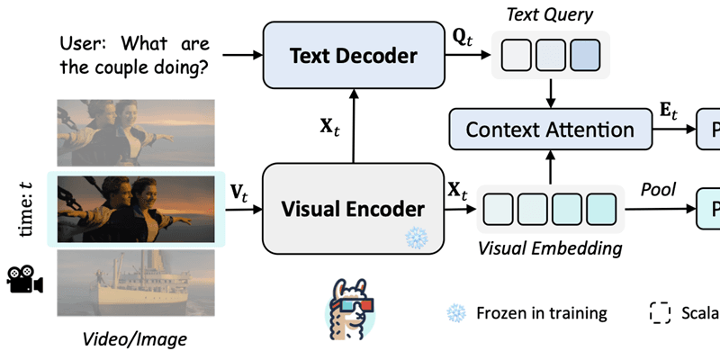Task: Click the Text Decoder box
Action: coord(353,56)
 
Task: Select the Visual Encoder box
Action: coord(353,209)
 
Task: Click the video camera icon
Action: coord(25,279)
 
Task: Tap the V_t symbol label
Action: coord(240,191)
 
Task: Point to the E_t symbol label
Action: coord(670,112)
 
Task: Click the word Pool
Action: coord(657,191)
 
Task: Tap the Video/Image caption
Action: coord(135,339)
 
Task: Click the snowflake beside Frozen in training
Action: coord(456,313)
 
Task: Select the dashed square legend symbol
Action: coord(660,313)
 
